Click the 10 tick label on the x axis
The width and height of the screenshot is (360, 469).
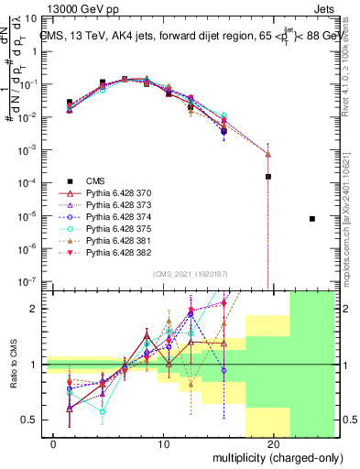[163, 444]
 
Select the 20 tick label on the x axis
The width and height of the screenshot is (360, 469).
[273, 444]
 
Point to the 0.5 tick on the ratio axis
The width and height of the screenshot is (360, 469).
[29, 420]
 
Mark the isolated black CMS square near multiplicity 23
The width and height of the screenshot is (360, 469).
[312, 219]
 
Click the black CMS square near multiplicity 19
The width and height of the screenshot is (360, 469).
[268, 177]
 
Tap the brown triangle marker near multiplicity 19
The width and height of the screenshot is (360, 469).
[268, 153]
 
